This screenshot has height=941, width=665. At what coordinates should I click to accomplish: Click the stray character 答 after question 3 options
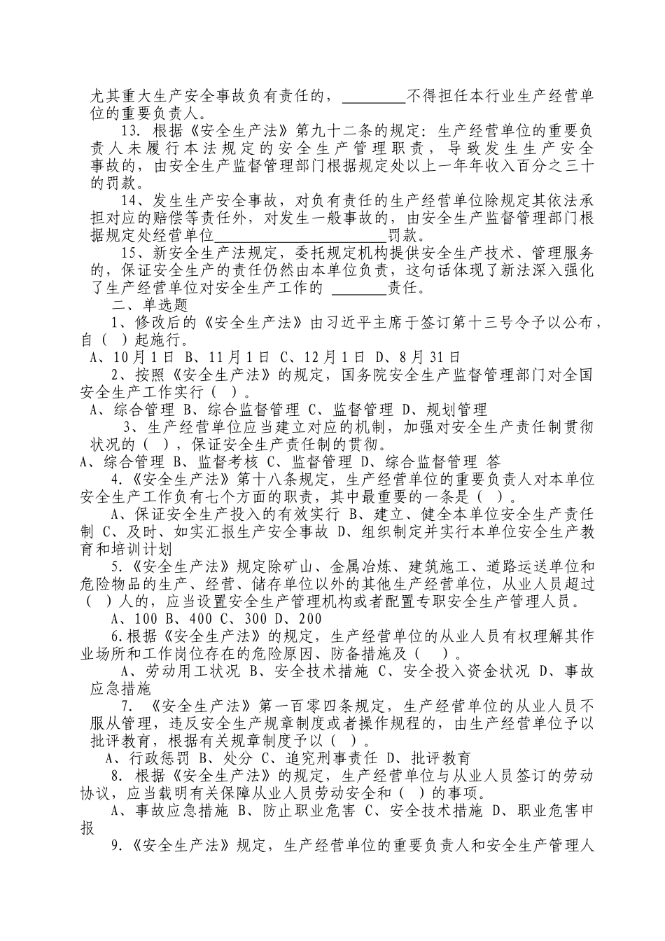(x=493, y=462)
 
